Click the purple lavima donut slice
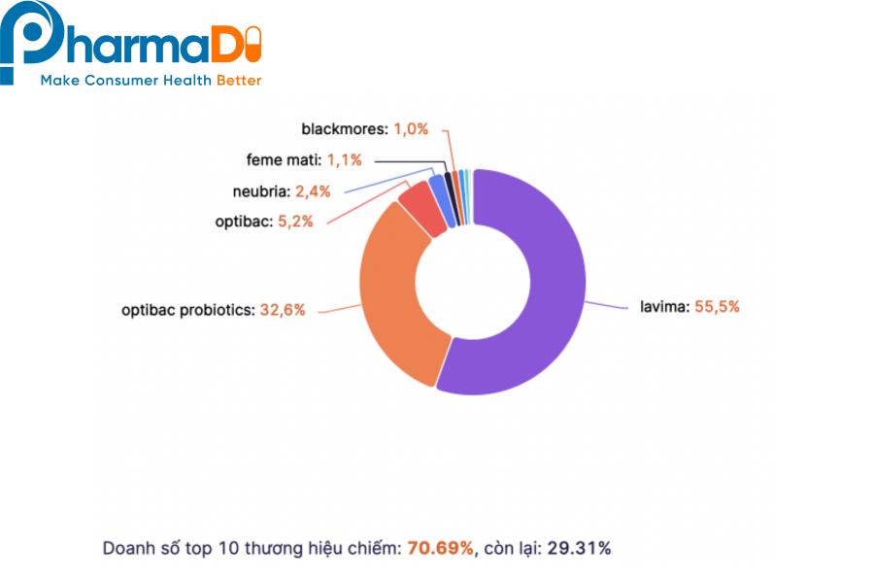point(544,291)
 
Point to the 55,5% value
point(717,306)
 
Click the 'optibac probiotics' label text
point(187,310)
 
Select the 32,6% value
point(283,310)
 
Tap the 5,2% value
point(295,222)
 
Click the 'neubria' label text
point(259,191)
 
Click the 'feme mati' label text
point(283,159)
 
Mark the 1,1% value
point(343,159)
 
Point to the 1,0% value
point(411,128)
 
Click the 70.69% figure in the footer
point(441,549)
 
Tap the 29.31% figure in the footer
point(579,549)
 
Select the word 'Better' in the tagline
point(239,81)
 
